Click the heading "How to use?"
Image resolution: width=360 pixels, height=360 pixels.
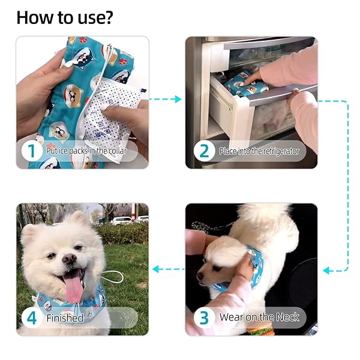(64, 17)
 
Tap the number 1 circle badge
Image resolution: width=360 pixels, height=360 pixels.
(32, 151)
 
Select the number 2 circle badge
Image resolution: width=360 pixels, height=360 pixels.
(204, 151)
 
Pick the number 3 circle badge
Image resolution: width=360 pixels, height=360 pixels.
(204, 317)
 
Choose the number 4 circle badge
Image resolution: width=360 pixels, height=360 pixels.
(32, 317)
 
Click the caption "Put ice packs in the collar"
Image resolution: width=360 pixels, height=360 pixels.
(86, 151)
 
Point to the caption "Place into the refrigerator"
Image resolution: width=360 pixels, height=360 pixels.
(259, 151)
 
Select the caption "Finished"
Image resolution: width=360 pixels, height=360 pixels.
(65, 317)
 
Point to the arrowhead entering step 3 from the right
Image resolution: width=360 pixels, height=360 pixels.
(327, 271)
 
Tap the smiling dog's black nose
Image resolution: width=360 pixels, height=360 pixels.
(70, 259)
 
